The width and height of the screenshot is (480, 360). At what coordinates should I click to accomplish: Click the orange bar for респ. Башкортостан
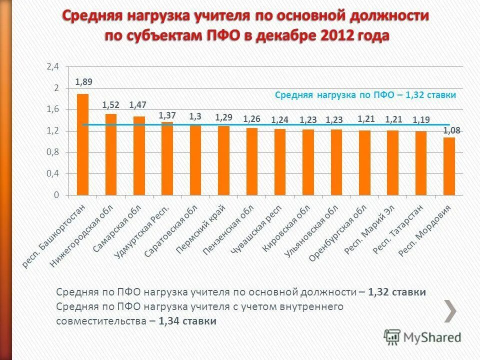tap(82, 144)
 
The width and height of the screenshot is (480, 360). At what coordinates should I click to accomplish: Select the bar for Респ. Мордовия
tap(449, 166)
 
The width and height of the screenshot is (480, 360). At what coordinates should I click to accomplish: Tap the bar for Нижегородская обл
tap(110, 154)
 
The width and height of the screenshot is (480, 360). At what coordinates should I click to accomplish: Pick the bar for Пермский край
tap(223, 160)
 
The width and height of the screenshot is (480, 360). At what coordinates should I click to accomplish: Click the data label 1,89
tap(83, 82)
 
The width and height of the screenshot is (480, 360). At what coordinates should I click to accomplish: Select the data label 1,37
tap(167, 115)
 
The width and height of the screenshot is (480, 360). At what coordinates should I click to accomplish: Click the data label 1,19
tap(421, 120)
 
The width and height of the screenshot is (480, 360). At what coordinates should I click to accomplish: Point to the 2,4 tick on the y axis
tap(53, 66)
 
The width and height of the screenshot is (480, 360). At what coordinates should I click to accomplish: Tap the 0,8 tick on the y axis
tap(53, 152)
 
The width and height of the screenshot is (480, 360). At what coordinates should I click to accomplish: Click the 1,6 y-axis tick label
tap(53, 109)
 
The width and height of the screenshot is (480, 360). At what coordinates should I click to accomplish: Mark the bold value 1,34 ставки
tap(187, 321)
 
